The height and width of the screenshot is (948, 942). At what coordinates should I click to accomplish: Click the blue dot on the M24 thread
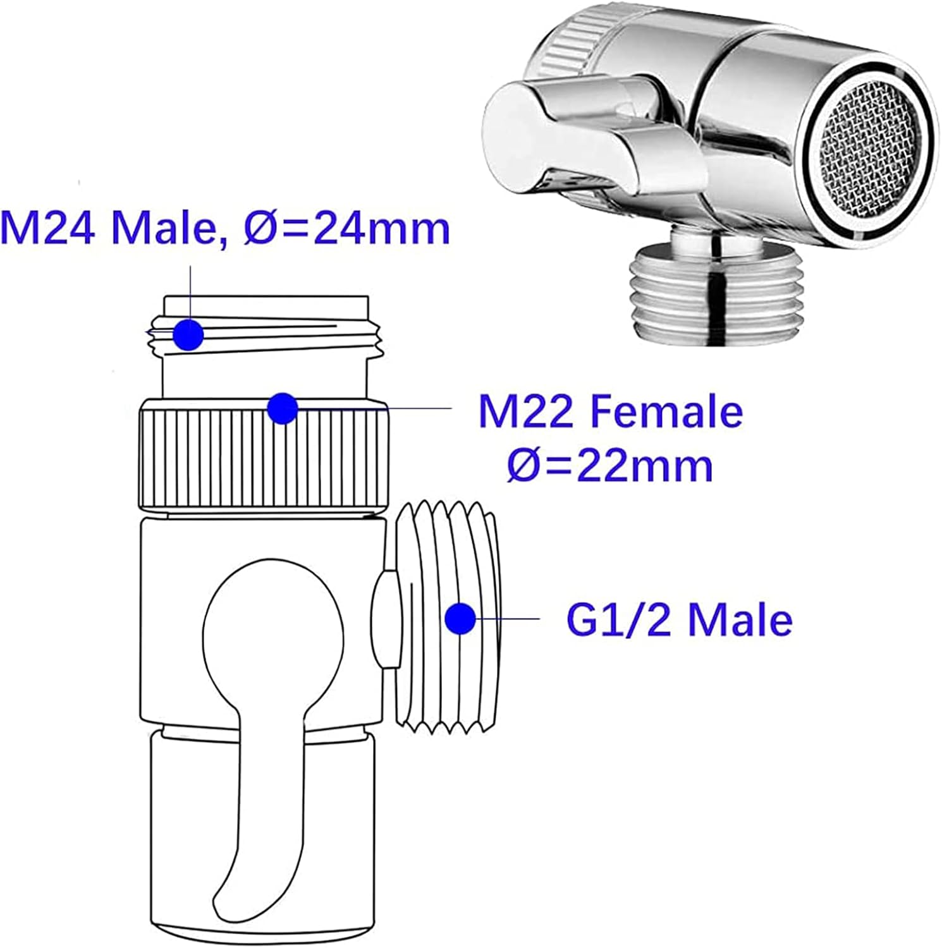(x=188, y=334)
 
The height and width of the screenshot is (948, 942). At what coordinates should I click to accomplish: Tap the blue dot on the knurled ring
(x=282, y=408)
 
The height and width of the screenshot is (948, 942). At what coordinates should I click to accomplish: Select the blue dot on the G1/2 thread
(x=460, y=619)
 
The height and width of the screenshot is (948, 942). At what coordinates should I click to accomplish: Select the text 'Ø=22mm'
(x=610, y=466)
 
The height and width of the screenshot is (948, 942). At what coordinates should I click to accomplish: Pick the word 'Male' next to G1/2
(x=740, y=619)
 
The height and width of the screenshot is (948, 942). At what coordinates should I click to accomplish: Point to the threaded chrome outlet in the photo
(x=718, y=291)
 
